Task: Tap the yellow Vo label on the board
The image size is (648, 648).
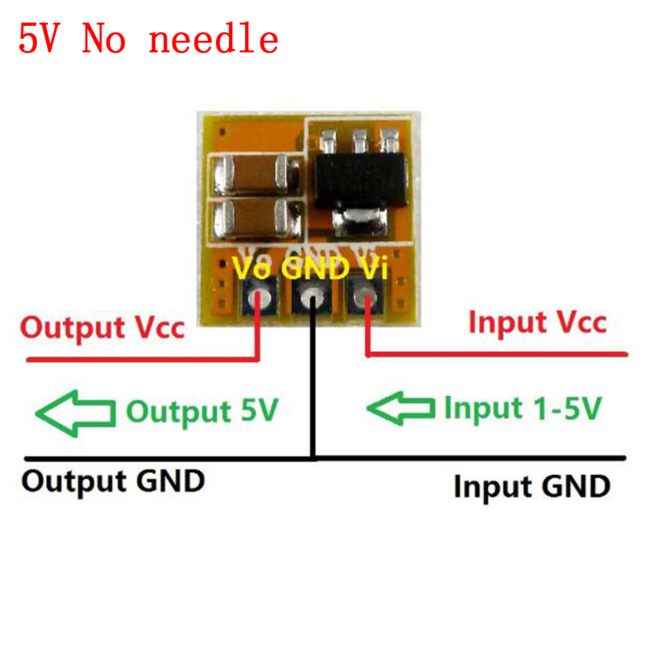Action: (252, 267)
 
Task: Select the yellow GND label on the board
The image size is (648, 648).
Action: (314, 267)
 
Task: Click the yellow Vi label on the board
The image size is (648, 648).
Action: (370, 267)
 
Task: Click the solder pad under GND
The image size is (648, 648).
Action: (313, 298)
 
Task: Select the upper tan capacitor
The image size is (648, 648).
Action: (253, 174)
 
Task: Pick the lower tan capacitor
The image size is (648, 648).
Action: (253, 218)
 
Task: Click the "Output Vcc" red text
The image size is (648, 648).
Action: (102, 327)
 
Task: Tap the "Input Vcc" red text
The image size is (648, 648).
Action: (537, 322)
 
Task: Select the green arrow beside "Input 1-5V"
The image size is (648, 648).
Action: (401, 408)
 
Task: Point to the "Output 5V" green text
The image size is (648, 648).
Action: (202, 411)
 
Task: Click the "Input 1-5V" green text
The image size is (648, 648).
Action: (523, 408)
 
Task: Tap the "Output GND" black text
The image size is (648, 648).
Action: (114, 481)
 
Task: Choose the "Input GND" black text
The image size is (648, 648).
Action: (532, 486)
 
